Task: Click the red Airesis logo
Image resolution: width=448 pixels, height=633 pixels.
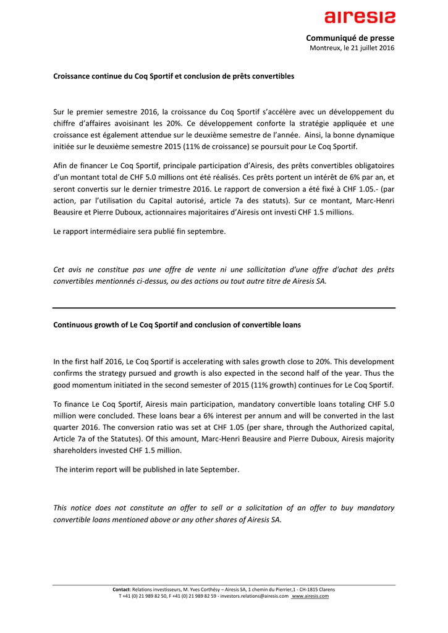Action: [361, 17]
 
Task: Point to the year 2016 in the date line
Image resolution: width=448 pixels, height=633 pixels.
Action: [386, 48]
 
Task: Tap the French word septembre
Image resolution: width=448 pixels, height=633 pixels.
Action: [205, 231]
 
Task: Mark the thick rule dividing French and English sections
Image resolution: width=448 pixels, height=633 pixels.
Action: [224, 307]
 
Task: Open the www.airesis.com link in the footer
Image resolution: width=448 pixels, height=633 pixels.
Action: [310, 596]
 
